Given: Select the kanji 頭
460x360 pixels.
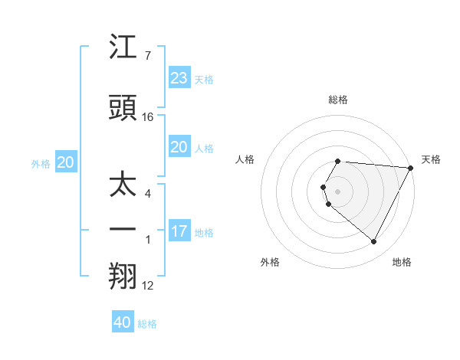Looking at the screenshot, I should pos(123,109).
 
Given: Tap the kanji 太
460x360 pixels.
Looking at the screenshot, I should pos(123,185).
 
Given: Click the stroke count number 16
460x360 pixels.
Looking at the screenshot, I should pos(148,117).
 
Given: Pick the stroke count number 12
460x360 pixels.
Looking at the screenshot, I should pos(148,286).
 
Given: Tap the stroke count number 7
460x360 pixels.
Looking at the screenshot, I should pos(148,56).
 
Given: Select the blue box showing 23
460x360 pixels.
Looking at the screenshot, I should pos(179,78).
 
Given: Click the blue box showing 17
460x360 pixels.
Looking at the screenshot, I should pos(179,231).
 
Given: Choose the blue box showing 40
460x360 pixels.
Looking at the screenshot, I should pos(123,322).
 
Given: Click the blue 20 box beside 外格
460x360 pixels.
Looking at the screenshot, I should pos(65,162).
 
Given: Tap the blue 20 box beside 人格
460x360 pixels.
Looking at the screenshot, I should pos(179,147).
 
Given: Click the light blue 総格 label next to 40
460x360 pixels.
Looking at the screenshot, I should pos(147,324).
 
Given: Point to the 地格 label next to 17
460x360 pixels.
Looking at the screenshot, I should pos(204,233).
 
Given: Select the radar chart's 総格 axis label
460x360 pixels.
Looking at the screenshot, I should pos(338,100).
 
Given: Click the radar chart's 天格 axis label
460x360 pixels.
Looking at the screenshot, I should pos(431,159).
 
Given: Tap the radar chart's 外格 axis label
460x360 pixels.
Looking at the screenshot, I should pos(270,262).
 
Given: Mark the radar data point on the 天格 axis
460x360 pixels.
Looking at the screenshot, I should pos(412,168).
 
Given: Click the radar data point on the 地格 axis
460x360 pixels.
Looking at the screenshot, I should pos(374,242).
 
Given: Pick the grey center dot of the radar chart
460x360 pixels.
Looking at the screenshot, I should pos(338,191).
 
